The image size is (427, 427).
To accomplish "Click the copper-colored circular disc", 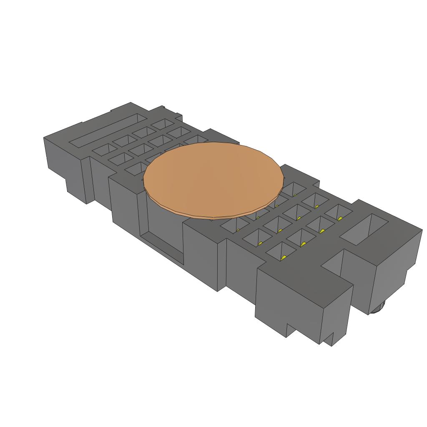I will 213,177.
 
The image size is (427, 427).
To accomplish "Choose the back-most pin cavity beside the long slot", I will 163,124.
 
